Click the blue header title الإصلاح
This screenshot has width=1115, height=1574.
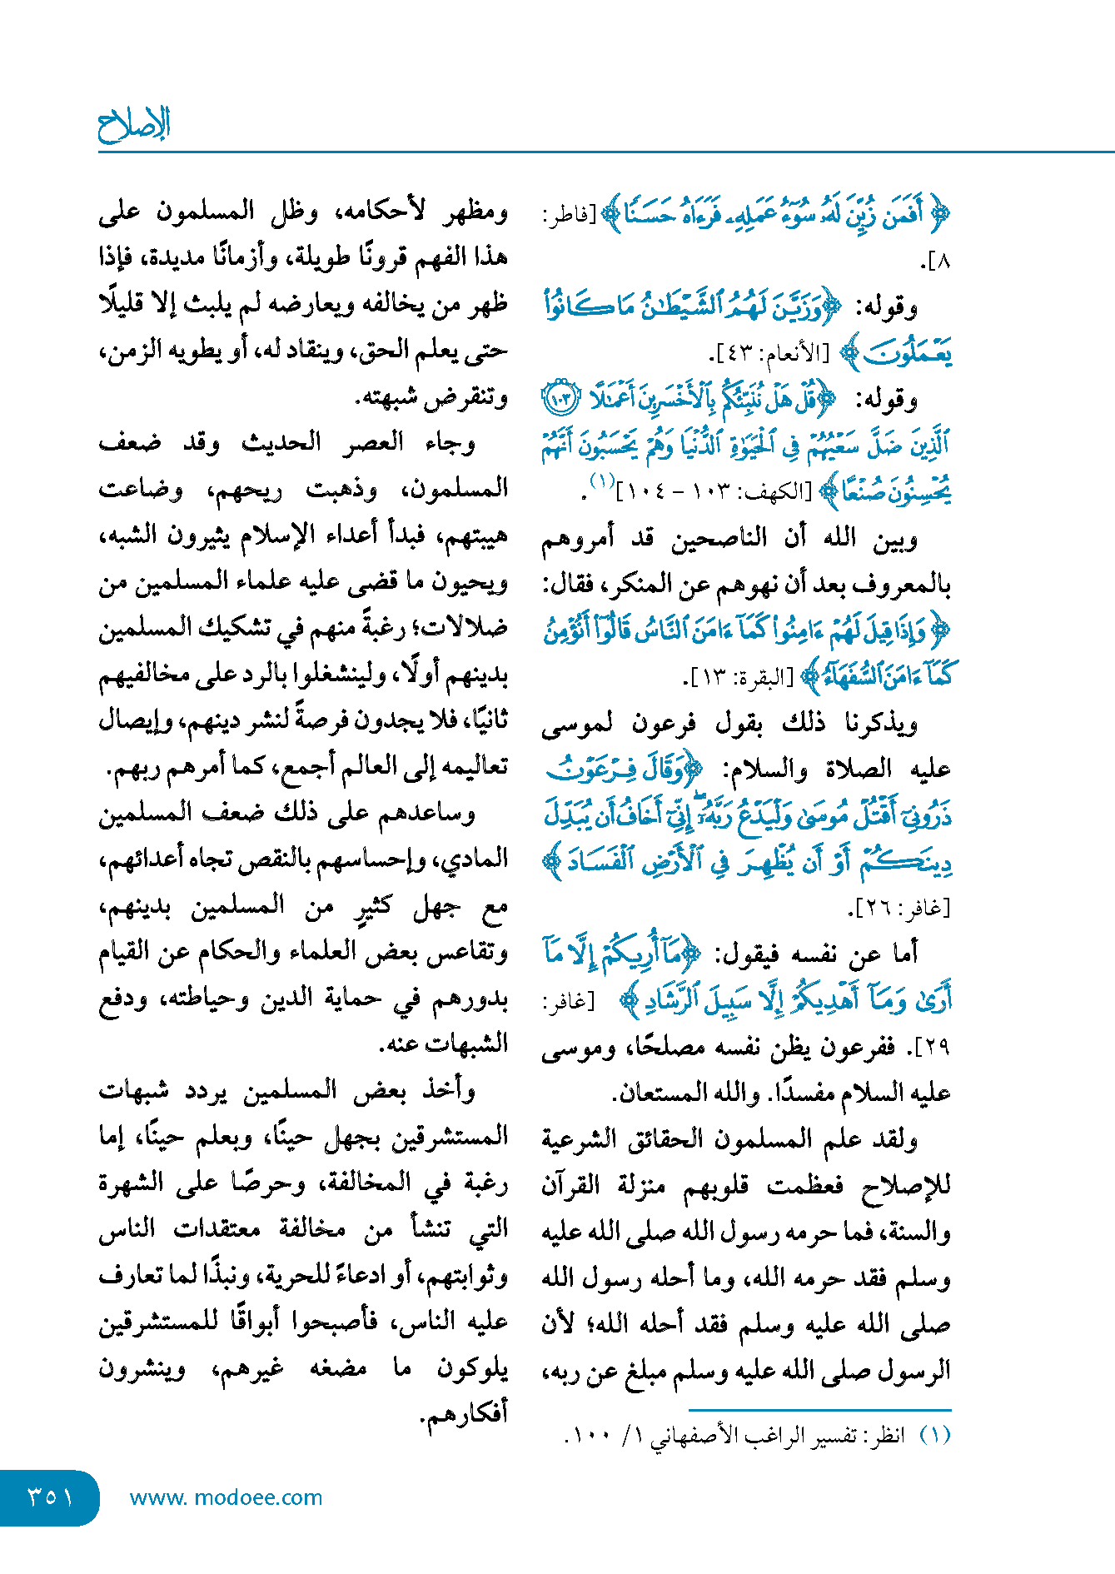coord(134,124)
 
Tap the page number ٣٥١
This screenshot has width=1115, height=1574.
coord(50,1497)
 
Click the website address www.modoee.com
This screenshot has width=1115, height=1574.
coord(226,1497)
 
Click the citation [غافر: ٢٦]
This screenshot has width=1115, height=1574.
coord(898,909)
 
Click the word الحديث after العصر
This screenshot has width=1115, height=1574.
coord(281,441)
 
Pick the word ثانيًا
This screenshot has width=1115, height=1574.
coord(478,720)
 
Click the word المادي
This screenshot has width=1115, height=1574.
coord(478,859)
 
